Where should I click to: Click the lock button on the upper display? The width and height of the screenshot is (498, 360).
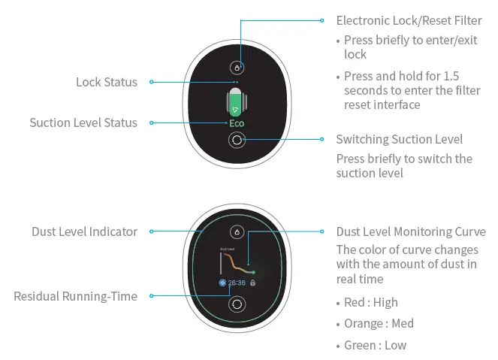point(237,67)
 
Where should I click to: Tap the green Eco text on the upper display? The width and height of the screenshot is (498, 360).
point(237,123)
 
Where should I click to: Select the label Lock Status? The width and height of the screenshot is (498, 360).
point(107,82)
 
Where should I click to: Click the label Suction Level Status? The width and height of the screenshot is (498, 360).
point(83,123)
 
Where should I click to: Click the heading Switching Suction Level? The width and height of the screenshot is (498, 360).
point(399,139)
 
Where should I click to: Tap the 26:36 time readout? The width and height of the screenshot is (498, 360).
point(237,283)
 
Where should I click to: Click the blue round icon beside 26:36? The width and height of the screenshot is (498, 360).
point(222,283)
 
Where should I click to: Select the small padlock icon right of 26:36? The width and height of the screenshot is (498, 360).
point(253,283)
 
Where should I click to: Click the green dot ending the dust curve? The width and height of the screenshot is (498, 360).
point(254,271)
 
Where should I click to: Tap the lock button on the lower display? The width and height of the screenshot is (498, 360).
point(237,232)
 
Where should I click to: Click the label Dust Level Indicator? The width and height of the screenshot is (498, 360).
point(84,232)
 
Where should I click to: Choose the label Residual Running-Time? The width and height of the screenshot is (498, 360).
point(75,297)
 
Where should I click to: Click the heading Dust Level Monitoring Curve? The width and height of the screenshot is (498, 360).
point(410,232)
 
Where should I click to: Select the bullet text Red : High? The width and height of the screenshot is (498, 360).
point(370,302)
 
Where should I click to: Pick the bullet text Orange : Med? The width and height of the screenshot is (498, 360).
point(379,323)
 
